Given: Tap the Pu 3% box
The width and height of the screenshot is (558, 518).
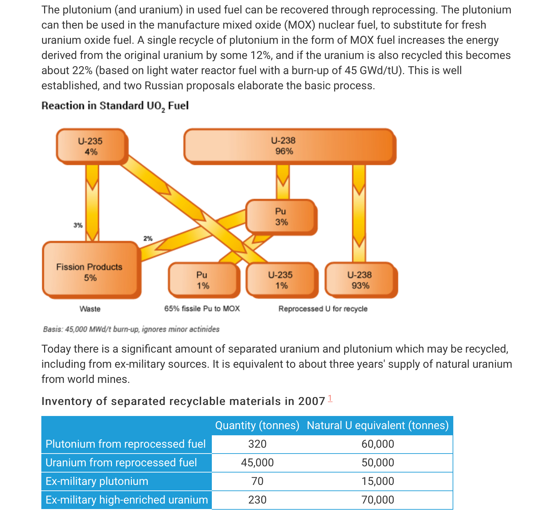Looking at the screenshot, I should coord(281,217).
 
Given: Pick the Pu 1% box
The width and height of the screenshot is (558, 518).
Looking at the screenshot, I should coord(203,280).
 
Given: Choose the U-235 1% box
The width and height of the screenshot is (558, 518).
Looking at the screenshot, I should coord(281,280).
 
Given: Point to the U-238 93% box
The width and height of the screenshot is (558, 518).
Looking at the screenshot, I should coord(360,280).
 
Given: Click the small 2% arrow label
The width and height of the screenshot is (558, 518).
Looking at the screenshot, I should coord(148,238).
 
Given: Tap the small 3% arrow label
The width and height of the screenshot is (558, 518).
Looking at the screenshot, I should coord(78,225).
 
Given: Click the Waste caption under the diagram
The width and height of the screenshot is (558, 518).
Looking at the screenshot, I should coord(90,309).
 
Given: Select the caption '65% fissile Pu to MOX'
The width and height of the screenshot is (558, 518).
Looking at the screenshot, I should coord(202,308).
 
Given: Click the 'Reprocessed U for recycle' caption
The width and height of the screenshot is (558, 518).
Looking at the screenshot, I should coord(323,309).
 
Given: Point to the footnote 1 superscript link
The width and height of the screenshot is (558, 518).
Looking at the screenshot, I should coord(330,399).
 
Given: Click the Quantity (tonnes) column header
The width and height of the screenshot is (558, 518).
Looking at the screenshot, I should coord(257,425).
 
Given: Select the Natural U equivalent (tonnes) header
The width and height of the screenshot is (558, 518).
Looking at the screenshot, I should coord(378,425).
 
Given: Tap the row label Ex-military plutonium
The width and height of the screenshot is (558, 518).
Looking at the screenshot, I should coord(97,481).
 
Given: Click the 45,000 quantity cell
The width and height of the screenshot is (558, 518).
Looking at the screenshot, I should coord(257,463).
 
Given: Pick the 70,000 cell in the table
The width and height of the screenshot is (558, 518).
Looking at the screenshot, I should coord(378,500).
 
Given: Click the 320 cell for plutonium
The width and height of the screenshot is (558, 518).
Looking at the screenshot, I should coord(257,444).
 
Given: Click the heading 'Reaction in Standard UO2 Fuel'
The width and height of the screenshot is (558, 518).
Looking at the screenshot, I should coord(115,106).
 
